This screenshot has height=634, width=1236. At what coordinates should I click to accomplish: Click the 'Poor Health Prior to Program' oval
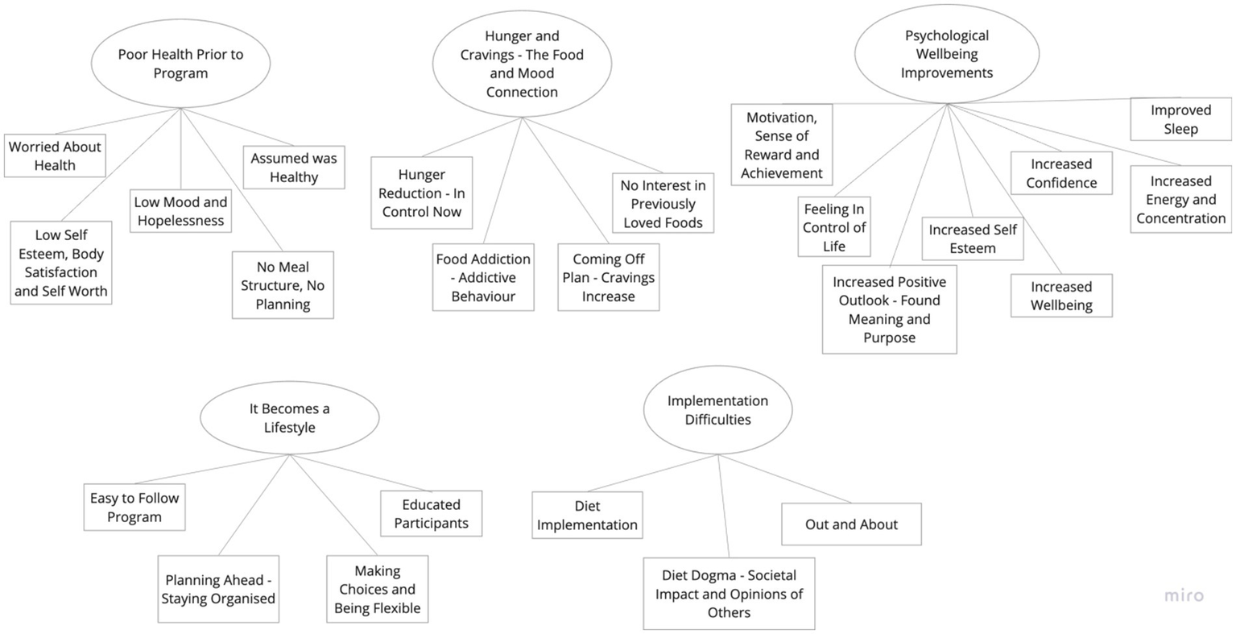180,64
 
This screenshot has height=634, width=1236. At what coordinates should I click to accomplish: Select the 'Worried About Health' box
55,155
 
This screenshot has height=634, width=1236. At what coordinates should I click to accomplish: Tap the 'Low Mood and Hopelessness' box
180,211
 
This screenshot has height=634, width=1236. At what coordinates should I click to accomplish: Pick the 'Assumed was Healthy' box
294,168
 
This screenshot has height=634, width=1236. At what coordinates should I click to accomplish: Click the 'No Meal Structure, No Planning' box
283,285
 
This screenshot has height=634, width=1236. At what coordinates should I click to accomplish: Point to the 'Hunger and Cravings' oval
522,64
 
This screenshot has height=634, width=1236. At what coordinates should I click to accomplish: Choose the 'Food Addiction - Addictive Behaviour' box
483,277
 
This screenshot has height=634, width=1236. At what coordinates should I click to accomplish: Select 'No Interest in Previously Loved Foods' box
663,204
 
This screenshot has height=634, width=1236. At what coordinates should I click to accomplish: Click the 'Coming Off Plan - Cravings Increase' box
609,277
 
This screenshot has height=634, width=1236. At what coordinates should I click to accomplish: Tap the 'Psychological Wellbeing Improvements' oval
946,54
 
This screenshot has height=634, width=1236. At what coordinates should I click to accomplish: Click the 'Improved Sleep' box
1180,119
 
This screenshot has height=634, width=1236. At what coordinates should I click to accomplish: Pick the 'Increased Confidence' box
1061,173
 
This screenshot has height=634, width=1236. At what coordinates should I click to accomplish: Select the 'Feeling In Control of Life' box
834,227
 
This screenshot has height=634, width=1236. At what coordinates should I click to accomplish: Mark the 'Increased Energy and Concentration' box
1180,200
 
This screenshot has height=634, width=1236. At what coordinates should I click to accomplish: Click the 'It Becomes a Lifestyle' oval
289,418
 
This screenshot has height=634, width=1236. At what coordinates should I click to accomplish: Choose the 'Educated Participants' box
432,514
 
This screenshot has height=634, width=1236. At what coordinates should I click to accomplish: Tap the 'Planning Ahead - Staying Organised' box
218,589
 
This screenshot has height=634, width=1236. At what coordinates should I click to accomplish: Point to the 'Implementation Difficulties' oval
717,410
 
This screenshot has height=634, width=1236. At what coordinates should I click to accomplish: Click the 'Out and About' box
851,524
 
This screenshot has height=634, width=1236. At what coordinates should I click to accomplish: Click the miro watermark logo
1184,596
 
